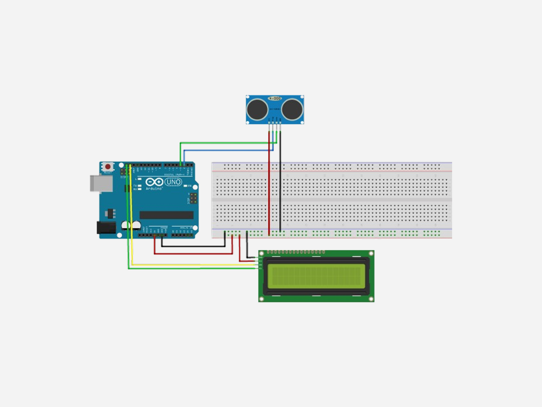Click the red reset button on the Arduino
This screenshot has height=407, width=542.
[x=108, y=166]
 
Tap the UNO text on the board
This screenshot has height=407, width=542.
[x=173, y=182]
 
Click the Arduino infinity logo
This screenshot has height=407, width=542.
[x=154, y=182]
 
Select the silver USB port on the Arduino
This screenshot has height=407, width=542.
[x=101, y=183]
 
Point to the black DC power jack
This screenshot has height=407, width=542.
[x=105, y=227]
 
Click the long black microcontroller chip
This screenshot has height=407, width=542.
[x=166, y=215]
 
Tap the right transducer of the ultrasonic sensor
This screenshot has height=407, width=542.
[x=292, y=109]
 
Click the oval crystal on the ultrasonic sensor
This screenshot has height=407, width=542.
[x=275, y=99]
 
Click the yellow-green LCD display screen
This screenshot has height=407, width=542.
[x=317, y=276]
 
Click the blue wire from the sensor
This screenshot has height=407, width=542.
[x=228, y=151]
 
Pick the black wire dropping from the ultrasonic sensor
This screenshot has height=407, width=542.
[x=280, y=180]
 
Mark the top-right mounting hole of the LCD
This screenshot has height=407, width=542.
[x=371, y=254]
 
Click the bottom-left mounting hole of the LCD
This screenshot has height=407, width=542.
[x=262, y=299]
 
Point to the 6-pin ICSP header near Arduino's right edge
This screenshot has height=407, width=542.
[x=193, y=199]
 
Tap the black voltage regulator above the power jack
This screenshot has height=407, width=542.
[x=111, y=213]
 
